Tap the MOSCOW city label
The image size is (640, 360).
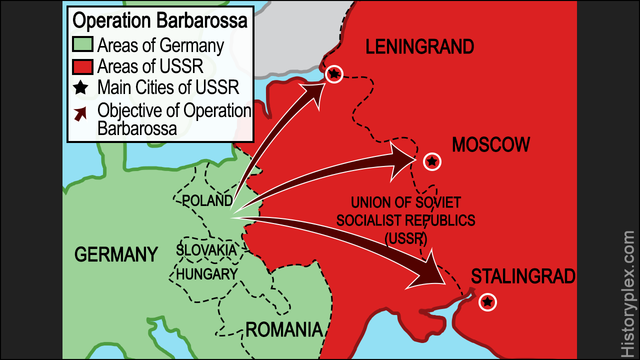tap(490, 146)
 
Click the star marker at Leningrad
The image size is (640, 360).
tap(334, 73)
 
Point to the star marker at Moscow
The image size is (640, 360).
tap(431, 160)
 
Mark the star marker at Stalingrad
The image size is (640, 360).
tap(487, 301)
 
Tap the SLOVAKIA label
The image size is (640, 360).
tap(207, 248)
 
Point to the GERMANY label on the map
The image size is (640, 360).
tap(116, 254)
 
